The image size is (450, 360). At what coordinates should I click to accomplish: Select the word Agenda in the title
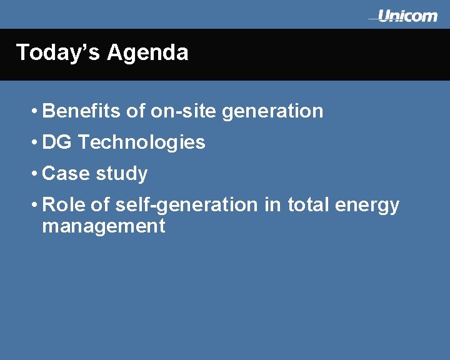point(147,52)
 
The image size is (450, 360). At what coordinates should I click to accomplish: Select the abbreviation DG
point(57,142)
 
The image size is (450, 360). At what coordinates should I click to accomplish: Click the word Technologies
point(142,143)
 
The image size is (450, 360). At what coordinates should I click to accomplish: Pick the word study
point(122,174)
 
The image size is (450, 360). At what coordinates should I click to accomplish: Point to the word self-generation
point(186,206)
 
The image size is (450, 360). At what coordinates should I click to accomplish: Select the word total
point(308,204)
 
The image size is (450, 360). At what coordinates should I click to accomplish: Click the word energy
point(367,206)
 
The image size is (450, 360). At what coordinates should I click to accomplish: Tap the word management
point(103,226)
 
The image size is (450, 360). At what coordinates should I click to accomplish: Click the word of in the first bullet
point(135,111)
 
